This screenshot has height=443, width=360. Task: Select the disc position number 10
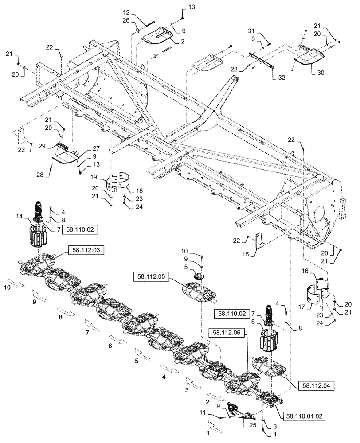(8, 287)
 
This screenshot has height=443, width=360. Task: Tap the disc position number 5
(137, 361)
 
